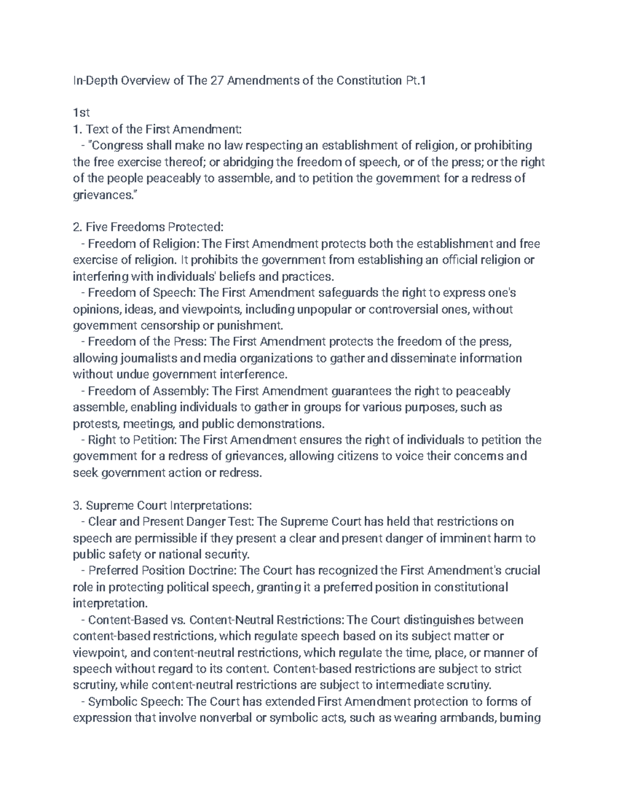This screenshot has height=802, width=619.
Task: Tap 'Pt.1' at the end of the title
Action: [x=415, y=81]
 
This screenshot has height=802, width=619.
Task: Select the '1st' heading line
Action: [x=82, y=113]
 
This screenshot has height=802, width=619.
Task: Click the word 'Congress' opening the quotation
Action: [x=118, y=146]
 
